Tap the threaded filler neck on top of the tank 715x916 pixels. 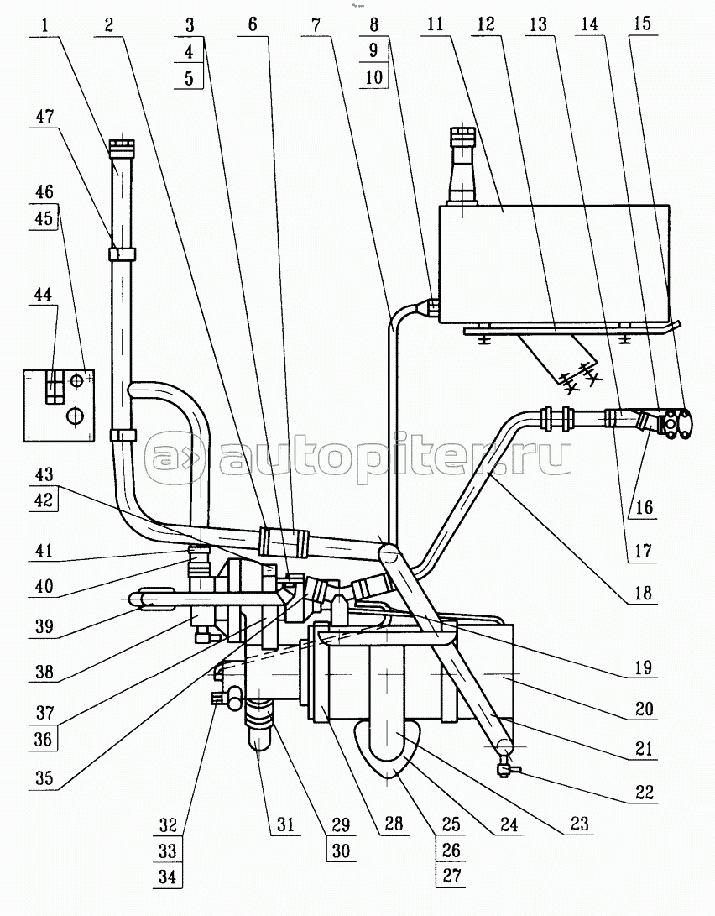point(462,168)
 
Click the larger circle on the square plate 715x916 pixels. point(76,415)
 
